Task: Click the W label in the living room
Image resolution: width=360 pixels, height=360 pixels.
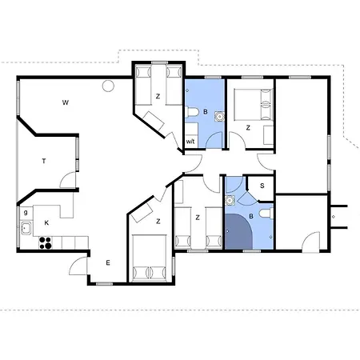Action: point(66,102)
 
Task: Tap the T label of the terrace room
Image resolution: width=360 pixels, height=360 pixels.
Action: point(44,161)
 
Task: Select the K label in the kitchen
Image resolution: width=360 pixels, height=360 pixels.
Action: point(46,222)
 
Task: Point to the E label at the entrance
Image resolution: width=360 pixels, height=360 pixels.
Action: point(108,263)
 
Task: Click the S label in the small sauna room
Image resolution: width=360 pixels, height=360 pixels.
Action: point(262,186)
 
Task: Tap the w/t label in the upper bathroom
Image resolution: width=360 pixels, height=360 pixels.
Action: point(190,142)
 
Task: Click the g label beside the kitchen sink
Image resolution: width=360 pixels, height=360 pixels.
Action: point(26,213)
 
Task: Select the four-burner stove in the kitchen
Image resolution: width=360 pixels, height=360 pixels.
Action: point(46,242)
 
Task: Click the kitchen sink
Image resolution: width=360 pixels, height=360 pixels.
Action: point(26,229)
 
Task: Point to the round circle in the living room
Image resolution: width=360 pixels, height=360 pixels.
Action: point(108,86)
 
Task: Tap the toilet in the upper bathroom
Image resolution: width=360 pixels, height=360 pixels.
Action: point(191,112)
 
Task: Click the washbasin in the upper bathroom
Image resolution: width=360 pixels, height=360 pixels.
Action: point(219,117)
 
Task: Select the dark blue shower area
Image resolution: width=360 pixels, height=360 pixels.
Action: point(238,231)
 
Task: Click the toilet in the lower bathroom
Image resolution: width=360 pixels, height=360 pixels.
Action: point(266,214)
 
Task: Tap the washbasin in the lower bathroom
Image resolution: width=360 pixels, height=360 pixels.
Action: point(230,201)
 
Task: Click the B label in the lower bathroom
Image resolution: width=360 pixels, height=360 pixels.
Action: point(251,216)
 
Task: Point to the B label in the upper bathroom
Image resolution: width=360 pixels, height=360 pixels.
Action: point(206,112)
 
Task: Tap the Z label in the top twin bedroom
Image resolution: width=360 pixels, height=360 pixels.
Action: point(158,96)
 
